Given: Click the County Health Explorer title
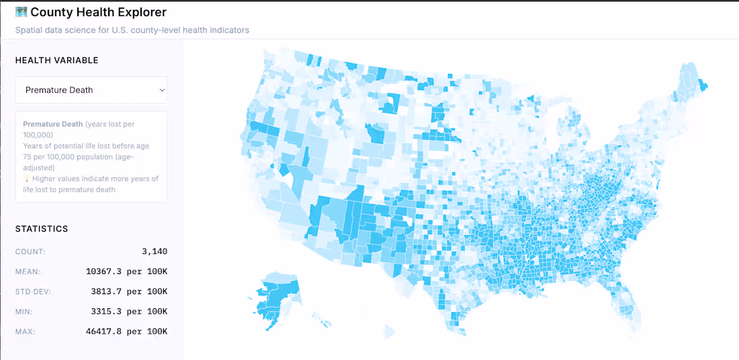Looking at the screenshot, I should click(x=98, y=12).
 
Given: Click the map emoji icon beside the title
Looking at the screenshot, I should click(x=21, y=12).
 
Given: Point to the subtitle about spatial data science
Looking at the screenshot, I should click(x=132, y=30).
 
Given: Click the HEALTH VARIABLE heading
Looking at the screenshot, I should click(x=56, y=60).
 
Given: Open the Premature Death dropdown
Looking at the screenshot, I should click(x=91, y=90).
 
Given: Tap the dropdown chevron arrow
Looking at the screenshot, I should click(x=161, y=90).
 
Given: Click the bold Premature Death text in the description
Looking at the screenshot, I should click(x=53, y=124).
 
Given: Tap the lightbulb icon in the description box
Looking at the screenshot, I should click(x=26, y=179).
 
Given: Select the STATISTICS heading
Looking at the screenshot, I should click(x=42, y=228).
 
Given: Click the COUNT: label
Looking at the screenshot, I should click(x=30, y=252).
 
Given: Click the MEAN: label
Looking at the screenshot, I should click(x=28, y=272).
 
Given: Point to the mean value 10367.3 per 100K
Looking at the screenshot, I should click(x=126, y=272).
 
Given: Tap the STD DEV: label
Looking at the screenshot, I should click(x=32, y=292).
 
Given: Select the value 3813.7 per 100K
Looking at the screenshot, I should click(x=129, y=292).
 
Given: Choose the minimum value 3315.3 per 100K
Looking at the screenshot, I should click(x=129, y=312).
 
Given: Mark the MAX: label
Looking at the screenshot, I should click(x=26, y=332).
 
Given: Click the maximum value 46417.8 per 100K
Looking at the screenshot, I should click(x=126, y=332).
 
